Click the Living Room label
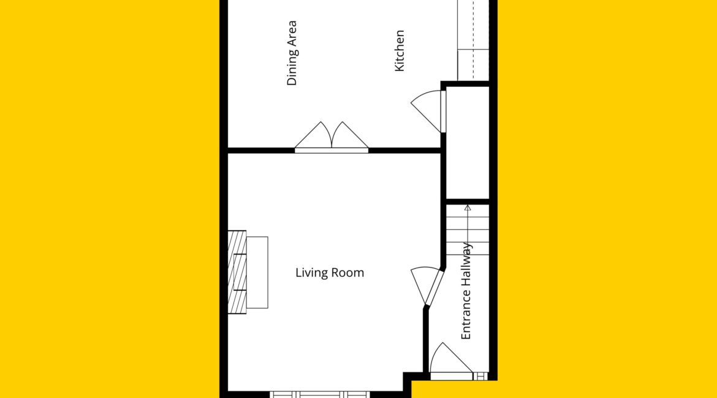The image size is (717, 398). [330, 273]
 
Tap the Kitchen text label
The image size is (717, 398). [399, 51]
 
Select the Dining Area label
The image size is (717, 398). [292, 53]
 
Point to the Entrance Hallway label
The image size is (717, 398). [466, 291]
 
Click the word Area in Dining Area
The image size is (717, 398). [292, 33]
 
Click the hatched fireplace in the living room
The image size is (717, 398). [237, 272]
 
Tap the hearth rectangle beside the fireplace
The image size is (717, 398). [257, 272]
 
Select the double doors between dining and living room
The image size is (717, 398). [332, 137]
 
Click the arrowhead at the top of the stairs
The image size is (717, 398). [468, 208]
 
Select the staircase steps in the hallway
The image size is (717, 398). [468, 230]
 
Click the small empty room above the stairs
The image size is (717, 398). [468, 142]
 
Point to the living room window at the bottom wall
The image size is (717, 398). [319, 394]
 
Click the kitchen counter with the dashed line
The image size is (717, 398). [473, 40]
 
